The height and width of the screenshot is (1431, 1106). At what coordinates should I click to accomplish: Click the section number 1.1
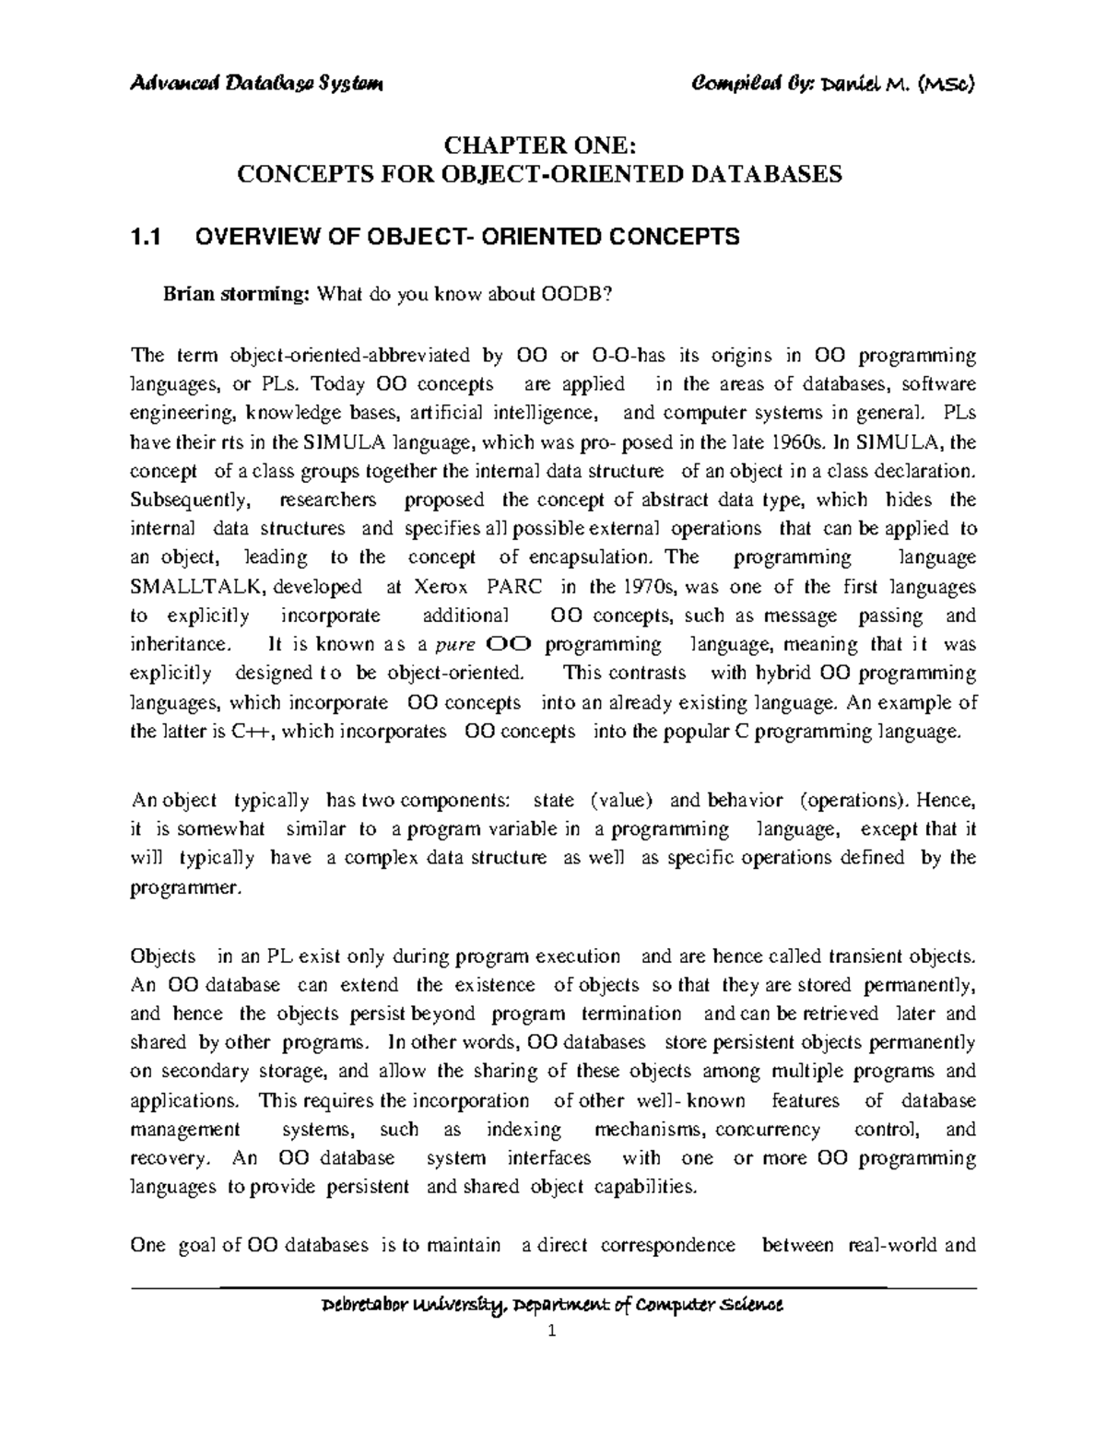tap(146, 238)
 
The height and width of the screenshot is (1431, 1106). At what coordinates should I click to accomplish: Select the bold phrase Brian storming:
tap(236, 295)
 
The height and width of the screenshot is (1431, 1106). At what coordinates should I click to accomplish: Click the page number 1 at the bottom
tap(552, 1332)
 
